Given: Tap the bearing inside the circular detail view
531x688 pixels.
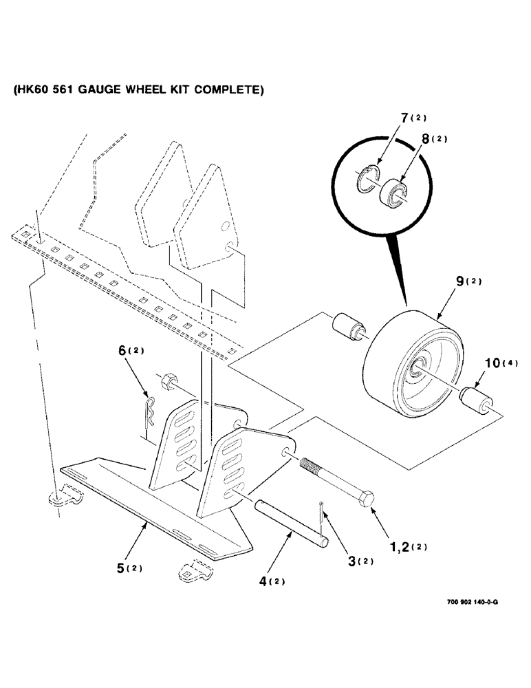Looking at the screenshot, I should (x=395, y=193).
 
